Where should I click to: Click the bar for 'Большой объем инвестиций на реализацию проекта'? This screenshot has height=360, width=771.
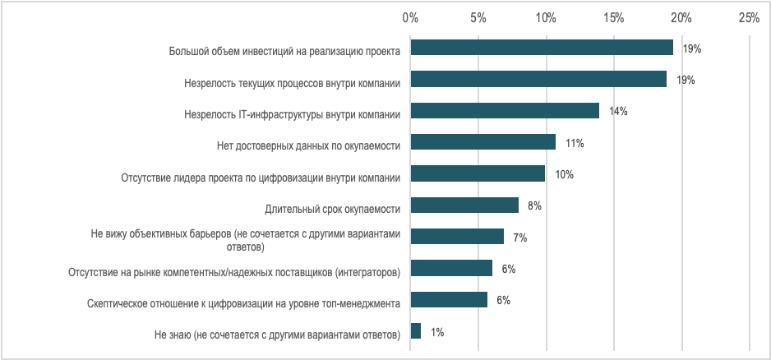pos(542,48)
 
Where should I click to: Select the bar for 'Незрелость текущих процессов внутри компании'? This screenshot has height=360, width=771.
pos(538,79)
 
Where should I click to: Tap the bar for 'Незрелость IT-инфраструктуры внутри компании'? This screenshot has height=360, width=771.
pos(505,111)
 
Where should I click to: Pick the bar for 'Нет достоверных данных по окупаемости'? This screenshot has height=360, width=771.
pos(483,142)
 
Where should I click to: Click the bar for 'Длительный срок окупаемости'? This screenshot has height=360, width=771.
pos(464,205)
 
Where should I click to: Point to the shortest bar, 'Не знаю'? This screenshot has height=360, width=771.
pos(416,331)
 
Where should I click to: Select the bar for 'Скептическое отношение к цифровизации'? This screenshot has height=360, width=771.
pos(449,300)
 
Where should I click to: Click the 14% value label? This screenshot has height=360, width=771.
pos(618,112)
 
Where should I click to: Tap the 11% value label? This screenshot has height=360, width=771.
pos(575,143)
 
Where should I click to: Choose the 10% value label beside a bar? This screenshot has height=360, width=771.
pos(564,174)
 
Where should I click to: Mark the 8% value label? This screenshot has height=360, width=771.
pos(534,206)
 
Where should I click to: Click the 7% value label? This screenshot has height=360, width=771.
pos(519,238)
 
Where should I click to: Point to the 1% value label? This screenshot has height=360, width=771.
pos(437,332)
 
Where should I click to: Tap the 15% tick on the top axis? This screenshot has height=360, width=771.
pos(613,16)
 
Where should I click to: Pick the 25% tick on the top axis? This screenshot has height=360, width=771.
pos(749,16)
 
